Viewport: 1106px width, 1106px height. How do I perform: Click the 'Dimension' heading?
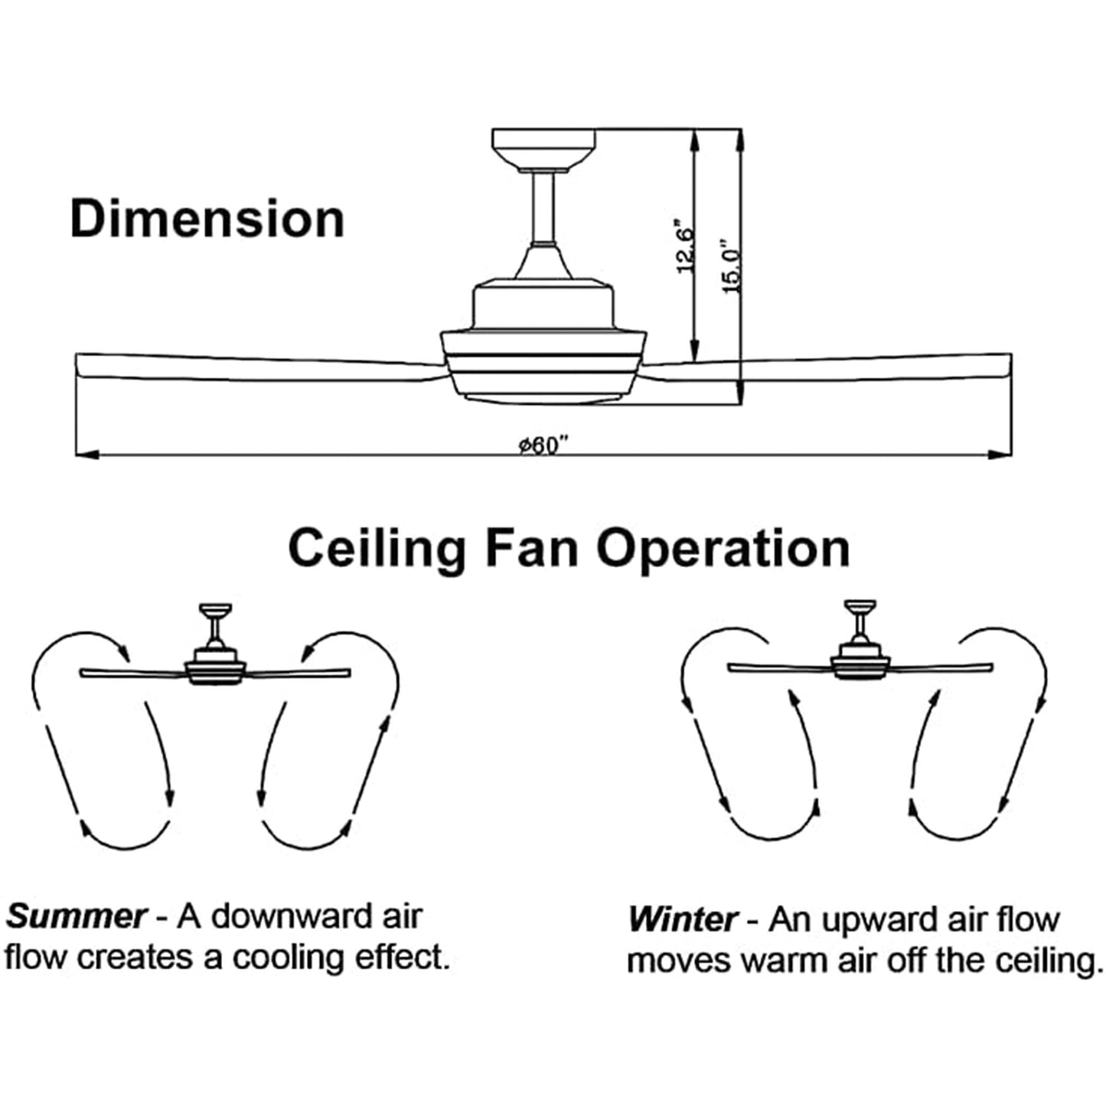tap(207, 220)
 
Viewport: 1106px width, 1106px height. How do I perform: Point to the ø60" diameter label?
tap(543, 445)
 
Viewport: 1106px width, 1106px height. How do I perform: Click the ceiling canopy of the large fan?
tap(543, 148)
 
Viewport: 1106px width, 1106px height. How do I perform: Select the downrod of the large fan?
tap(543, 207)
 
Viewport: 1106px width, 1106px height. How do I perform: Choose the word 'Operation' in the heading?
tap(723, 549)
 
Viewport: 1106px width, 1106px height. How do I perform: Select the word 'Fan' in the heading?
tap(531, 547)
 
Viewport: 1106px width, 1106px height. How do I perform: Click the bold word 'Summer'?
tap(77, 916)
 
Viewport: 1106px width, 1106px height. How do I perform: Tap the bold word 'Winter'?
tap(683, 919)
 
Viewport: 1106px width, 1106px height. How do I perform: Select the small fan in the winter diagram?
tap(860, 659)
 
